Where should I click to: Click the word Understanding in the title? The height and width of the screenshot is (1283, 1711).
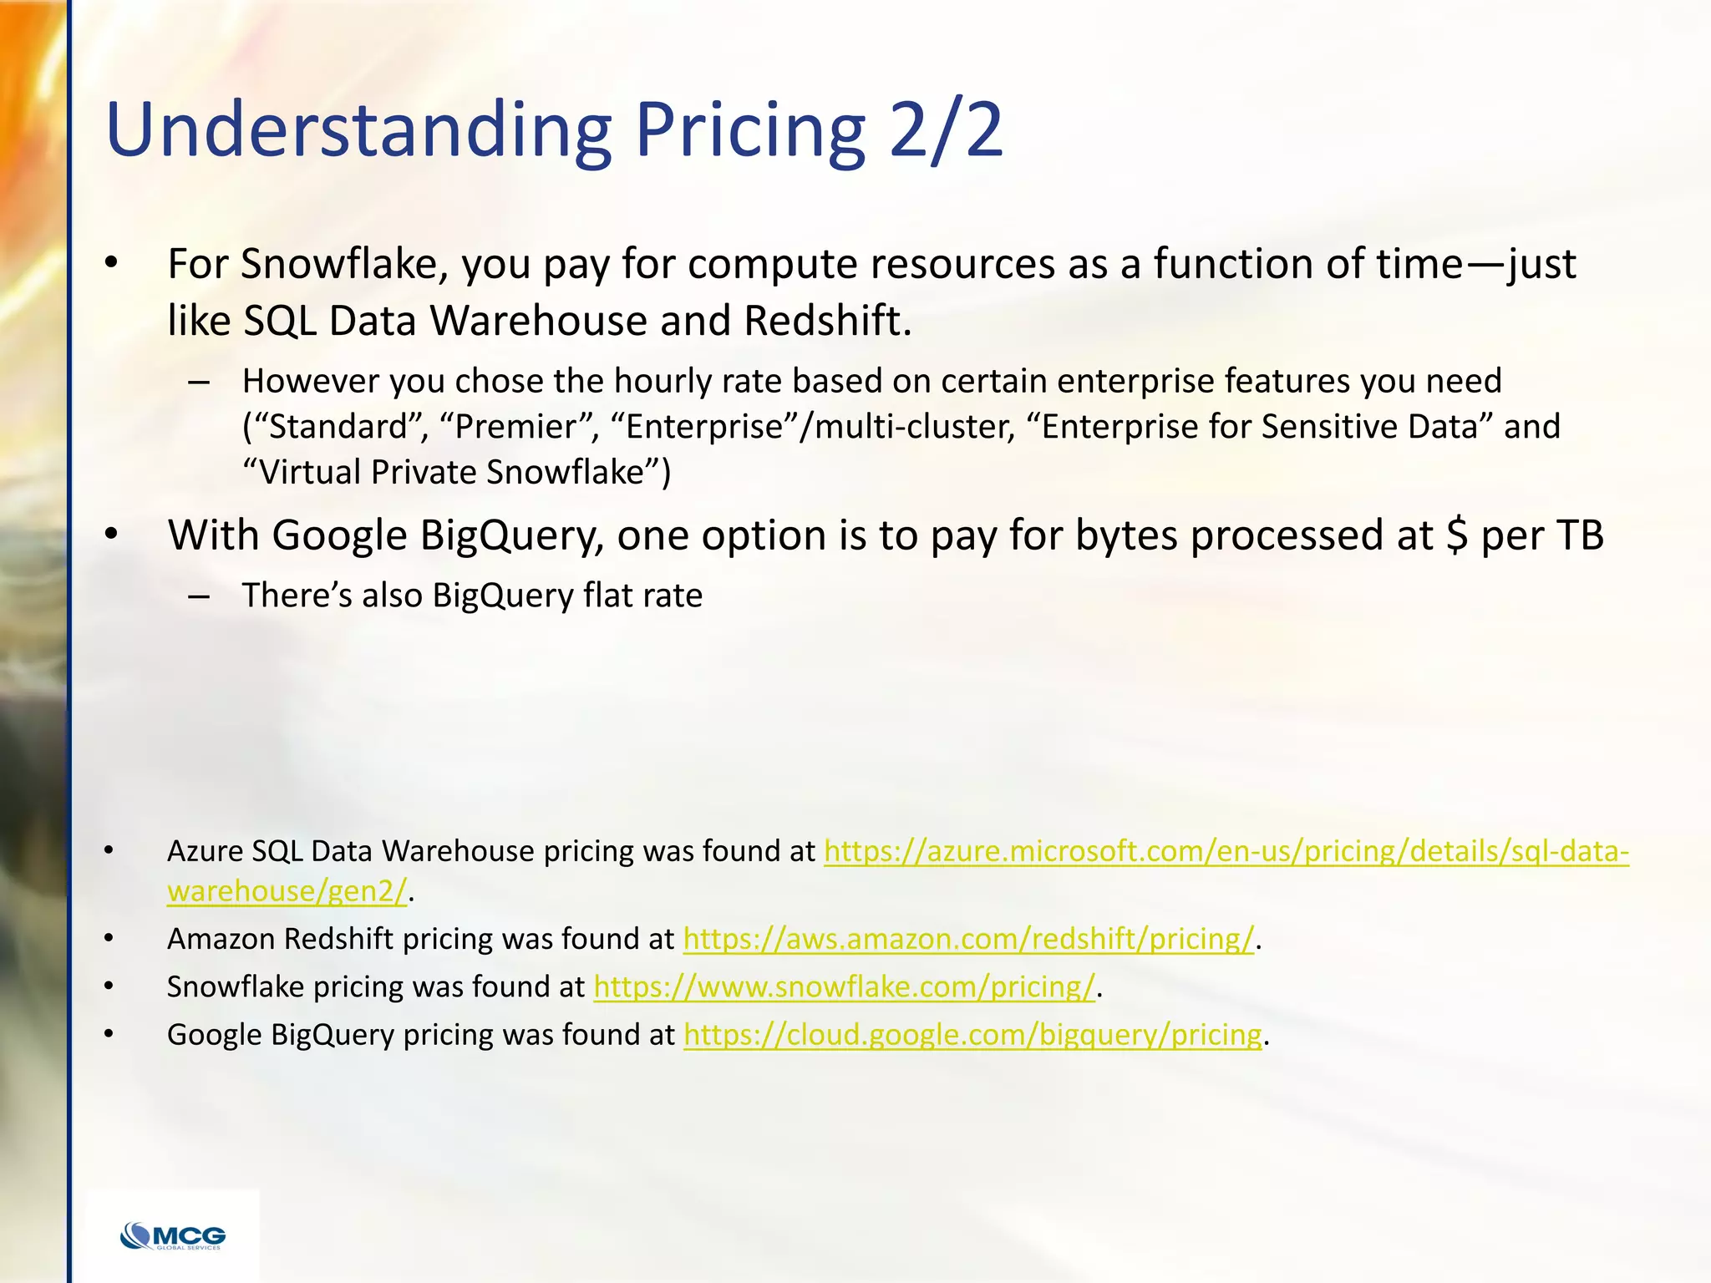(x=359, y=129)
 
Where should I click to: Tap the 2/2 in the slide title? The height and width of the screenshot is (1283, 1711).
(x=945, y=129)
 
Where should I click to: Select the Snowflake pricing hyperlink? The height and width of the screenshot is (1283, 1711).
(x=844, y=987)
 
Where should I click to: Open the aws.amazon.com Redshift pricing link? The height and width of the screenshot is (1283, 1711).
(x=968, y=940)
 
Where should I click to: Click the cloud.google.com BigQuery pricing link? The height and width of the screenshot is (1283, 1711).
(x=972, y=1035)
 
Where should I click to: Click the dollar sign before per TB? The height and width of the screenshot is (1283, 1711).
(x=1456, y=535)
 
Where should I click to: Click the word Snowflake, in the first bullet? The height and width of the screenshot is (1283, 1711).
(x=345, y=264)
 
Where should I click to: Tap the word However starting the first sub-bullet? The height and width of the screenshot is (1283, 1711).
(x=309, y=381)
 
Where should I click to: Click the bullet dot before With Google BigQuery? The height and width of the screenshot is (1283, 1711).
(x=110, y=535)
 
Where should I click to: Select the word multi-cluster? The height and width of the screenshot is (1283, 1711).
(x=914, y=427)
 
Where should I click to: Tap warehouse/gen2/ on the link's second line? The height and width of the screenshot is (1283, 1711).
(x=287, y=891)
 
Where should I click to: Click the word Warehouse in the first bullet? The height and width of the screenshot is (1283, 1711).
(x=539, y=321)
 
